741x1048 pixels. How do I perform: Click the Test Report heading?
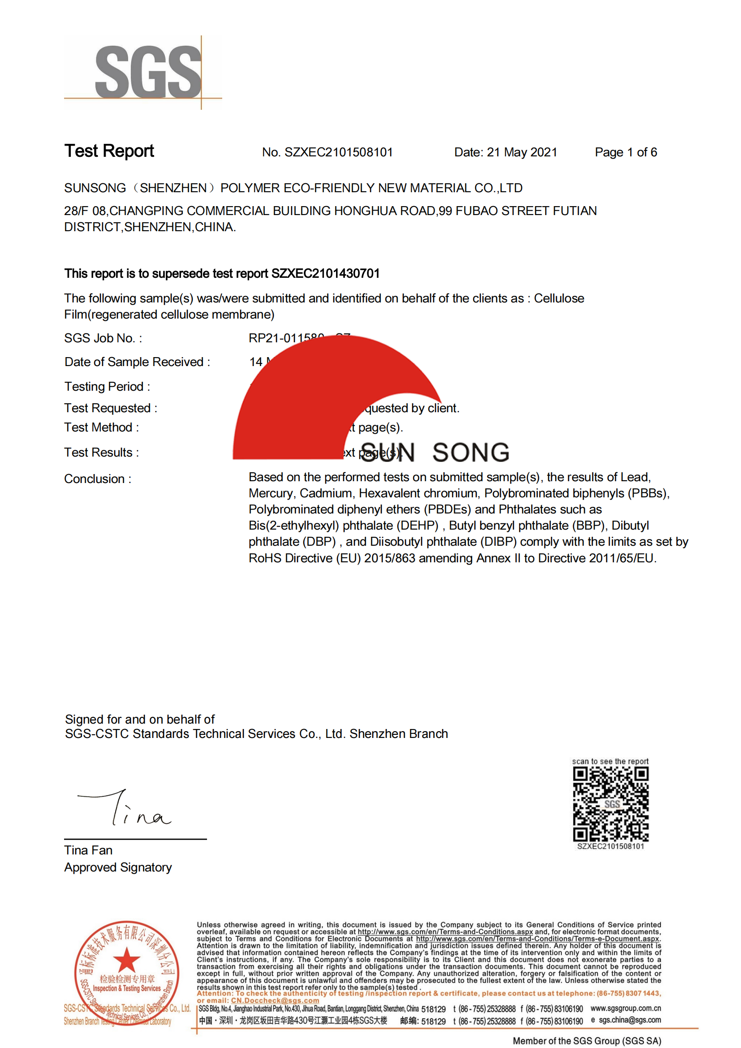[109, 151]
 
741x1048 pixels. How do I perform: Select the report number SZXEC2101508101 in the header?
[338, 152]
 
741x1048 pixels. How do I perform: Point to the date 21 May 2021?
[521, 152]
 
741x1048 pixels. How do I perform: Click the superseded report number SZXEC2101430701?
[325, 273]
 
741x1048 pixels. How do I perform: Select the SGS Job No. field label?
[103, 338]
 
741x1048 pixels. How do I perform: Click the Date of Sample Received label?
[137, 362]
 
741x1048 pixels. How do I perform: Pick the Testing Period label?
[107, 387]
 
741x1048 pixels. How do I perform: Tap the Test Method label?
[101, 427]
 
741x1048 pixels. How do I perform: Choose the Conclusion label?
[98, 479]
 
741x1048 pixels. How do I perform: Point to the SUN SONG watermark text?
[435, 453]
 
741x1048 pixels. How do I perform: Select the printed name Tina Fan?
[88, 850]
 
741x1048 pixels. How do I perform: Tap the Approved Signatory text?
[118, 867]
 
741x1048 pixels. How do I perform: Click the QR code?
[611, 804]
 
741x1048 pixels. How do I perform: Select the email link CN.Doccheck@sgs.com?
[275, 1001]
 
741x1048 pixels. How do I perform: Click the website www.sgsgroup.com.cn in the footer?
[625, 1008]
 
